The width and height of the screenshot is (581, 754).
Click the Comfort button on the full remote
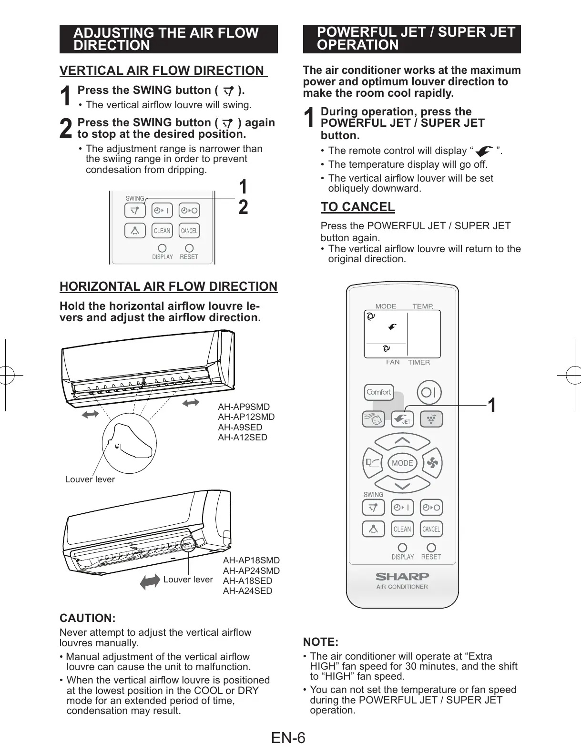pyautogui.click(x=379, y=392)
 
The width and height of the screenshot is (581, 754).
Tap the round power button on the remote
pyautogui.click(x=429, y=392)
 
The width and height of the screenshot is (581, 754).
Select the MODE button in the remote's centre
pyautogui.click(x=402, y=463)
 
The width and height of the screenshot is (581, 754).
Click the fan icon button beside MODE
pyautogui.click(x=432, y=462)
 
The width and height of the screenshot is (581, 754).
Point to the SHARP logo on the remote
pyautogui.click(x=402, y=576)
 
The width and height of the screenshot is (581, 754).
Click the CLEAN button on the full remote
pyautogui.click(x=402, y=529)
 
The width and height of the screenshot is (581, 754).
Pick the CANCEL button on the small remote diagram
pyautogui.click(x=189, y=231)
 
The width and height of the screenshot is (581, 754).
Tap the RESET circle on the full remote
pyautogui.click(x=431, y=548)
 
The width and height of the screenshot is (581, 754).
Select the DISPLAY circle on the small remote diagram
pyautogui.click(x=162, y=248)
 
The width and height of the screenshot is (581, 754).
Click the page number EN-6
pyautogui.click(x=288, y=738)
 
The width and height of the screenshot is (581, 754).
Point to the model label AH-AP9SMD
pyautogui.click(x=244, y=407)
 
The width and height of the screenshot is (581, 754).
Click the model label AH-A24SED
pyautogui.click(x=248, y=591)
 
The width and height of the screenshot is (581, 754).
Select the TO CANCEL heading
pyautogui.click(x=357, y=207)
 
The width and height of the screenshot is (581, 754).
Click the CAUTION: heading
pyautogui.click(x=87, y=618)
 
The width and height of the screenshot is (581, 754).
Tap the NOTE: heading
pyautogui.click(x=321, y=642)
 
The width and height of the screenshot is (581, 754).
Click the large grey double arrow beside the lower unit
pyautogui.click(x=150, y=581)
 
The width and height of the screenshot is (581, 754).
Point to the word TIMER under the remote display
pyautogui.click(x=419, y=362)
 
